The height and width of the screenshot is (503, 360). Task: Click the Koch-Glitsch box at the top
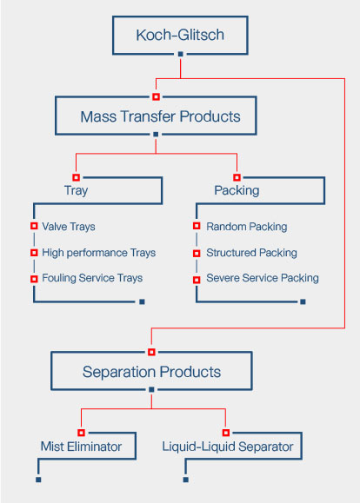click(180, 17)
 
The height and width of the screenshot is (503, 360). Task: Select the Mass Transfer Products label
click(160, 116)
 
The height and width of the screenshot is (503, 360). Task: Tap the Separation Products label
click(151, 372)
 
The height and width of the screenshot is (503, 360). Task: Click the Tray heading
click(77, 190)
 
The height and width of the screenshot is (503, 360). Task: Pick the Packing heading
click(237, 190)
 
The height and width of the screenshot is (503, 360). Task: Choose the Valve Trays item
click(69, 227)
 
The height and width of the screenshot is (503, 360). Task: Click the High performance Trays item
click(99, 253)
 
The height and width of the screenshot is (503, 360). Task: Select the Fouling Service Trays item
click(92, 278)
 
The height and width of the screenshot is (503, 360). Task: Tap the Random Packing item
click(247, 227)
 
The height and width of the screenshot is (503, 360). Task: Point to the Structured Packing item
click(251, 253)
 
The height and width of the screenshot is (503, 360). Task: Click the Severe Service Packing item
click(263, 278)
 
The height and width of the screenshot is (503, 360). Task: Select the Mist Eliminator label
click(81, 447)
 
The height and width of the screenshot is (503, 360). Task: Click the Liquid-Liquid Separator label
click(228, 447)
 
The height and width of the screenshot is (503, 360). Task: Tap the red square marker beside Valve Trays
click(34, 226)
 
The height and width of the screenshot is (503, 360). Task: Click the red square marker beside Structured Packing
click(197, 254)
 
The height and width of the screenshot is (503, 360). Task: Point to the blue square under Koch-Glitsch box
click(181, 54)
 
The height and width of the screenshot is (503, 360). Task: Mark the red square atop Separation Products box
click(151, 352)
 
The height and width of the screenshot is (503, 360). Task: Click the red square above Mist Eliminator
click(81, 433)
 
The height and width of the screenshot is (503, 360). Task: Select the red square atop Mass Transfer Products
click(156, 96)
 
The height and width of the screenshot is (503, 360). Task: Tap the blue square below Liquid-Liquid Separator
click(185, 480)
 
